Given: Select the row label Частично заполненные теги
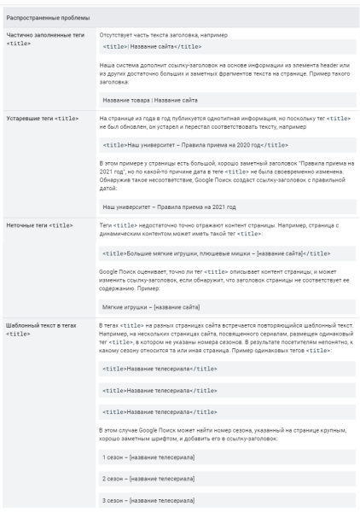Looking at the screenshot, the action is click(43, 38).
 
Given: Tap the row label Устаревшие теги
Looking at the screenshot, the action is click(43, 117).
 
